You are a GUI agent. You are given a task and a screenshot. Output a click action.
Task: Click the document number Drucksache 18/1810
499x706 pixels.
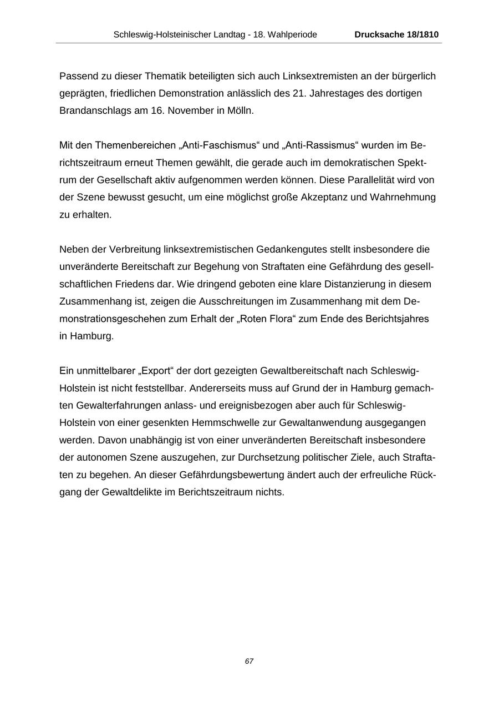point(396,34)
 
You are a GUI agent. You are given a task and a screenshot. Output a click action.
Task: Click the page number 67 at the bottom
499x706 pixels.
point(249,661)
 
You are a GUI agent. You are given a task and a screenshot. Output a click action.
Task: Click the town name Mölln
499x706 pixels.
point(240,110)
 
